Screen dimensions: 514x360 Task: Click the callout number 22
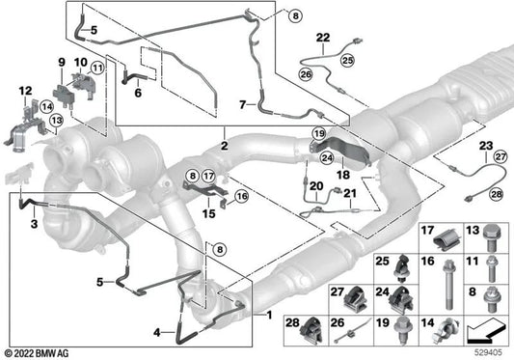pos(323,38)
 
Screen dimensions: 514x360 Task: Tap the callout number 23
pos(486,146)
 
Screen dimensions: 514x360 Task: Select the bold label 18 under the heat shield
pos(343,175)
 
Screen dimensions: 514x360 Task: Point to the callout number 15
pos(209,213)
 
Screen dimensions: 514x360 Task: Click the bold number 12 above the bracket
pos(26,91)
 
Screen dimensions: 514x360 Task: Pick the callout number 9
pos(62,62)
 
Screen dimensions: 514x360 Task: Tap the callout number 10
pos(81,62)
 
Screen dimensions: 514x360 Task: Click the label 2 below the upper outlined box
pos(225,146)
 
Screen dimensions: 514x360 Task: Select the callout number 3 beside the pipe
pos(34,224)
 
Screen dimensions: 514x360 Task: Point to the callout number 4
pos(157,333)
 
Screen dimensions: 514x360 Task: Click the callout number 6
pos(138,93)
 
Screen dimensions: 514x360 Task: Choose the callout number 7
pos(243,104)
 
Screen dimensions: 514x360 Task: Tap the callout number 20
pos(316,186)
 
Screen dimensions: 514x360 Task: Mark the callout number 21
pos(350,193)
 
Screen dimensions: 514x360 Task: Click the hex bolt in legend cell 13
pos(492,238)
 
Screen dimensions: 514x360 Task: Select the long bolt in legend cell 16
pos(449,285)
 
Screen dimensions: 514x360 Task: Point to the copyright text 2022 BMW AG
pos(37,353)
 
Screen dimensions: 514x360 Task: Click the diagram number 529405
pos(488,352)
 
